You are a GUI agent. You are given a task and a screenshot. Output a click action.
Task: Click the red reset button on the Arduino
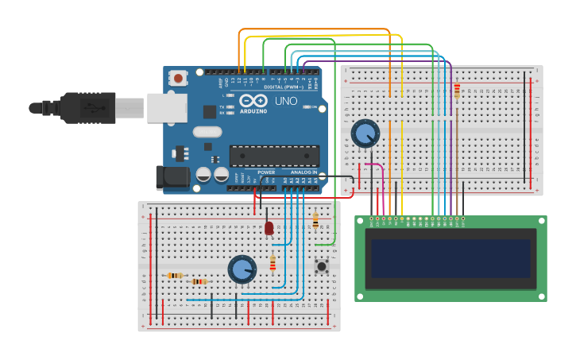180,78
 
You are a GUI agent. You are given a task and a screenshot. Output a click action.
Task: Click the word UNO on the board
285,102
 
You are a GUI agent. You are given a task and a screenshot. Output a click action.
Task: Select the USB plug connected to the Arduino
87,108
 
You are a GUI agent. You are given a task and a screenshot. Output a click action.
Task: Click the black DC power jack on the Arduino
173,176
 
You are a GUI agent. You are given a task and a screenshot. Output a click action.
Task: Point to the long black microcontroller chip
274,157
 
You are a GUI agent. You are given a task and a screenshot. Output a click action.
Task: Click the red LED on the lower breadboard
269,229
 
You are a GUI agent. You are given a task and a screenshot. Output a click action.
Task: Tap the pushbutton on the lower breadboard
323,266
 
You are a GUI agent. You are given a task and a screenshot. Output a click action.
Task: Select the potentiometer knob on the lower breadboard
242,270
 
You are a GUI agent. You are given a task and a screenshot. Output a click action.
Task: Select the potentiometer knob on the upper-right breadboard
365,134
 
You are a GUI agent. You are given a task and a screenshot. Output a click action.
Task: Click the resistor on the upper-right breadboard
456,91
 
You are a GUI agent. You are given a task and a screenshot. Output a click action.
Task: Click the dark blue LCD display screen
450,258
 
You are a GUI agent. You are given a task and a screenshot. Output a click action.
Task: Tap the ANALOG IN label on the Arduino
302,172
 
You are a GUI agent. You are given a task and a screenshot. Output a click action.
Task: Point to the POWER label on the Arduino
266,172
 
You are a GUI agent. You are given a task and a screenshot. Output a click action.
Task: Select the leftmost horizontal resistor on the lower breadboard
175,276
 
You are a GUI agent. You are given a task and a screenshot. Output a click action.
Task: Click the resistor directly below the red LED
273,261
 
